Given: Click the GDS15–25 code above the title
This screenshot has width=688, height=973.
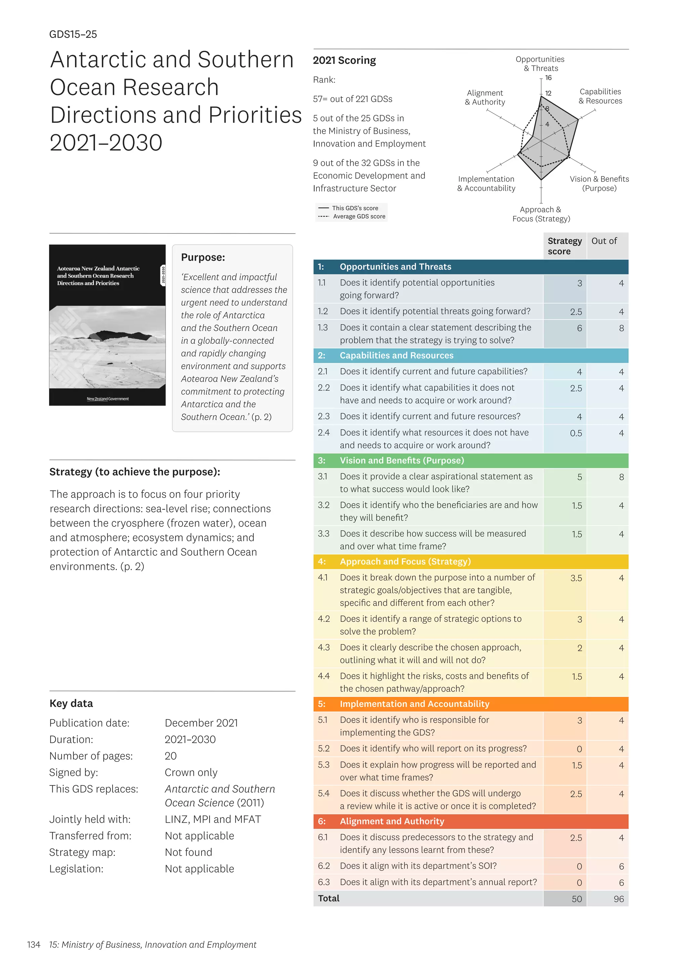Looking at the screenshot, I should coord(73,34).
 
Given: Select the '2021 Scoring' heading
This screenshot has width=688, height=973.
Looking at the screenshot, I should coord(344,60).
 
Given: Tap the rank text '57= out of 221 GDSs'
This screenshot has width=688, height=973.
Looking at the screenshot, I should coord(352,99).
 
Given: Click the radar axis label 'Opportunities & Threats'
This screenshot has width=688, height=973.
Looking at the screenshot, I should coord(540,64).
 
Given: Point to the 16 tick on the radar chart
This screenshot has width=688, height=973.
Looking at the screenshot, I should coord(548,78).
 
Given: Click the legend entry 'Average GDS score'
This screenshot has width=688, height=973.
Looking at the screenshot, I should coord(359,217).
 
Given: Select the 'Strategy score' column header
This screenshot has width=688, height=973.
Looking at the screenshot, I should coord(564,246).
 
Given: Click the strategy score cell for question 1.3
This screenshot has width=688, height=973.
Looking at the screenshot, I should coord(579,328).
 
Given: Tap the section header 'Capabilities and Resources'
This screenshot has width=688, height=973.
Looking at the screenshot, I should coord(396,355).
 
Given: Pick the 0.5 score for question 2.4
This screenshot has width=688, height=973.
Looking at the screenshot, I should coord(576,433).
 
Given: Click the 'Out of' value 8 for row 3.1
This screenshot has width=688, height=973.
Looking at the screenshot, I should coord(621,477).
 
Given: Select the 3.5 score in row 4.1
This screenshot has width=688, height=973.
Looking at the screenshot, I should coord(576,578).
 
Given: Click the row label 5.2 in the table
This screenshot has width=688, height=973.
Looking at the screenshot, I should coord(324,748).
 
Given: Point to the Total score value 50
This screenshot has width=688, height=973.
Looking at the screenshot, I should coord(576,899).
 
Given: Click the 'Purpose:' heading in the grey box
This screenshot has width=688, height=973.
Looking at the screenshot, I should coord(203,257).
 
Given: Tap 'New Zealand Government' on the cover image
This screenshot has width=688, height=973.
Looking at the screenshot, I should coord(107,399).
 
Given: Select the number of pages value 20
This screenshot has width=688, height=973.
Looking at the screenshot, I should coord(171,756).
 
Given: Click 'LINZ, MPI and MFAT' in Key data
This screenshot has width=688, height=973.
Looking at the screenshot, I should coord(213,819).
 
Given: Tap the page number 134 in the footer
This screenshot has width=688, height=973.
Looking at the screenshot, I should coord(34,944).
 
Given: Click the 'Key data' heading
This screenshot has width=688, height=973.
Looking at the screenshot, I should coord(71,704).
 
